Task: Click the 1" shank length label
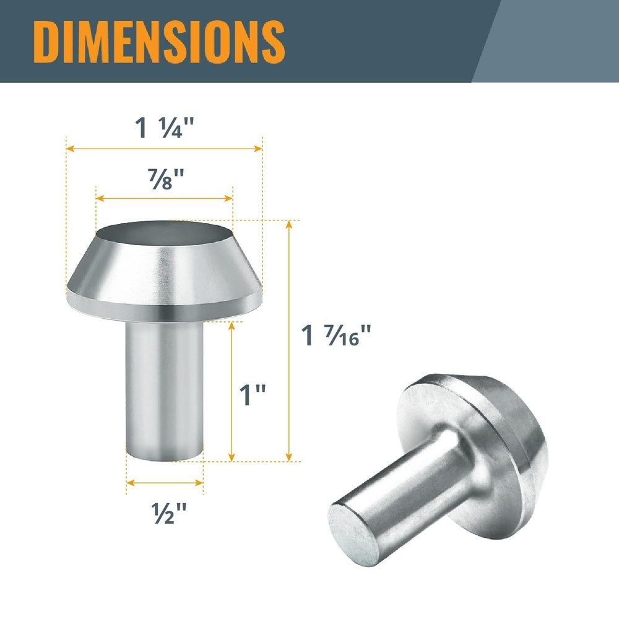253,394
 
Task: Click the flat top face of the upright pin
164,233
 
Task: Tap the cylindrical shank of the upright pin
164,390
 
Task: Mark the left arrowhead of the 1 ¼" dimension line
70,149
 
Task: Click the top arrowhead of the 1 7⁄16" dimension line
288,224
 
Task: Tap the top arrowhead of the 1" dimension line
232,324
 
